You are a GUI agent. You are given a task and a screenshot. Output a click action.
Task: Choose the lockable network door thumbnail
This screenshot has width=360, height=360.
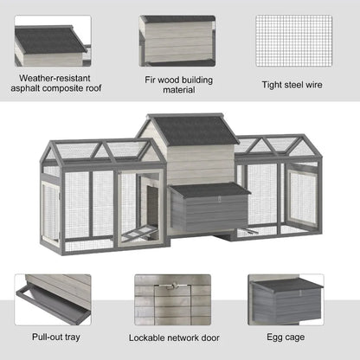[172, 299]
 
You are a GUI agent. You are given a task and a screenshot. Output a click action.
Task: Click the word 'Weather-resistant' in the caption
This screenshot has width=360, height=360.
[53, 76]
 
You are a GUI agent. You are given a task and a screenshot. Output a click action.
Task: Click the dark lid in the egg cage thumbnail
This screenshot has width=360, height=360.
[285, 285]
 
